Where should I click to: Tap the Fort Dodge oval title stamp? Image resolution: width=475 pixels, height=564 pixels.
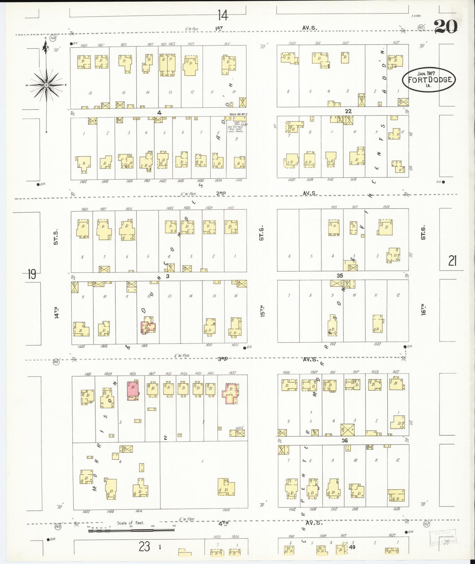pyautogui.click(x=429, y=80)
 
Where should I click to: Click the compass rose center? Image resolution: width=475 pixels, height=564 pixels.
pyautogui.click(x=46, y=85)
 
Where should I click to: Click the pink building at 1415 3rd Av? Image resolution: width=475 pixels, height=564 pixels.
pyautogui.click(x=133, y=391)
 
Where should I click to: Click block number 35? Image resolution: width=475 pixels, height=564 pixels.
pyautogui.click(x=340, y=276)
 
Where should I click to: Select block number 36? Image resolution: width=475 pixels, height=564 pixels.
pyautogui.click(x=344, y=440)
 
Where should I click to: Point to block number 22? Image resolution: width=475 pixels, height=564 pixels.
pyautogui.click(x=348, y=111)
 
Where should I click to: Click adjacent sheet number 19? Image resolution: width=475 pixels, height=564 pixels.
pyautogui.click(x=32, y=274)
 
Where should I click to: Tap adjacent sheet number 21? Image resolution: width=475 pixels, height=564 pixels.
pyautogui.click(x=452, y=261)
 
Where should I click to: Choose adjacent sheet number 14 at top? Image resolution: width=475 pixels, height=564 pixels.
pyautogui.click(x=223, y=15)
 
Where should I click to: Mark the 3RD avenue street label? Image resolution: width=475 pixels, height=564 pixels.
pyautogui.click(x=223, y=359)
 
